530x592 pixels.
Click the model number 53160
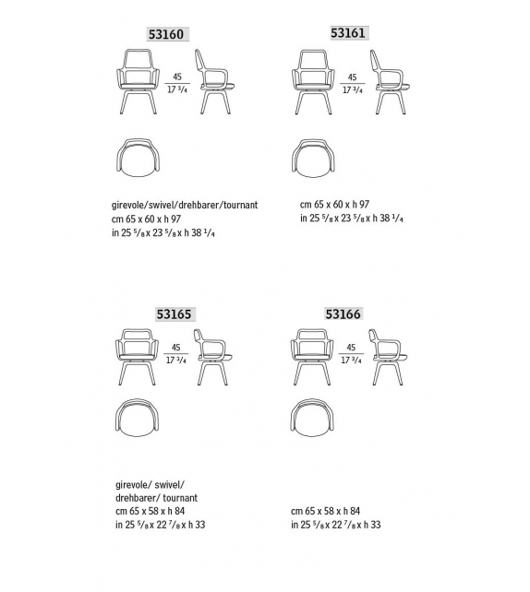pyautogui.click(x=166, y=35)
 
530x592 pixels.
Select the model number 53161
pyautogui.click(x=348, y=33)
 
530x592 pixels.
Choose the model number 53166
pyautogui.click(x=343, y=314)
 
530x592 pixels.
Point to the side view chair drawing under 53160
pyautogui.click(x=216, y=80)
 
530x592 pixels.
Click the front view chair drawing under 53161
pyautogui.click(x=315, y=80)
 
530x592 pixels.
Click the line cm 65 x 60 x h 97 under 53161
pyautogui.click(x=335, y=205)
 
